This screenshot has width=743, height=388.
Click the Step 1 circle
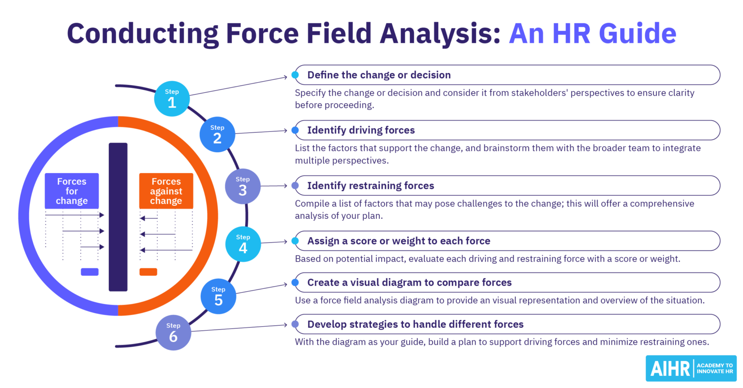[172, 99]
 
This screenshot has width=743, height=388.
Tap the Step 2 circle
[217, 134]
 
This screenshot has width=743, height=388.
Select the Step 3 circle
[243, 187]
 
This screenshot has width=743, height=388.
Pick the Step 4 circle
[243, 244]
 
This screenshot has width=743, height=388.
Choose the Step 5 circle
[218, 296]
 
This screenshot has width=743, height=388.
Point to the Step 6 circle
[173, 332]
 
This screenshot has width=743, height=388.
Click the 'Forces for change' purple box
[72, 191]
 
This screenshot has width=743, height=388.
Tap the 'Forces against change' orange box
[166, 191]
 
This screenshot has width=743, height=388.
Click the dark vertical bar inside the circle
[118, 217]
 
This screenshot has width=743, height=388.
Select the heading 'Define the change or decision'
[379, 75]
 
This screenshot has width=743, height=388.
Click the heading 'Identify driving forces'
[361, 130]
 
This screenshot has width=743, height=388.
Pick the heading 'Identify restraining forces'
[371, 186]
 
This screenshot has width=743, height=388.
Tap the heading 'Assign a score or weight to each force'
[399, 241]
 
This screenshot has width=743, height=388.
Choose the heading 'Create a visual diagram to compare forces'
[409, 282]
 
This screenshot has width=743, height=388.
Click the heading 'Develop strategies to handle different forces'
[415, 324]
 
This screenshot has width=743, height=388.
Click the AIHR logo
[691, 369]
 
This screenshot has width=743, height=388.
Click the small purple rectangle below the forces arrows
[89, 272]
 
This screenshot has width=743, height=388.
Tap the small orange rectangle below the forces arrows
[148, 272]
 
